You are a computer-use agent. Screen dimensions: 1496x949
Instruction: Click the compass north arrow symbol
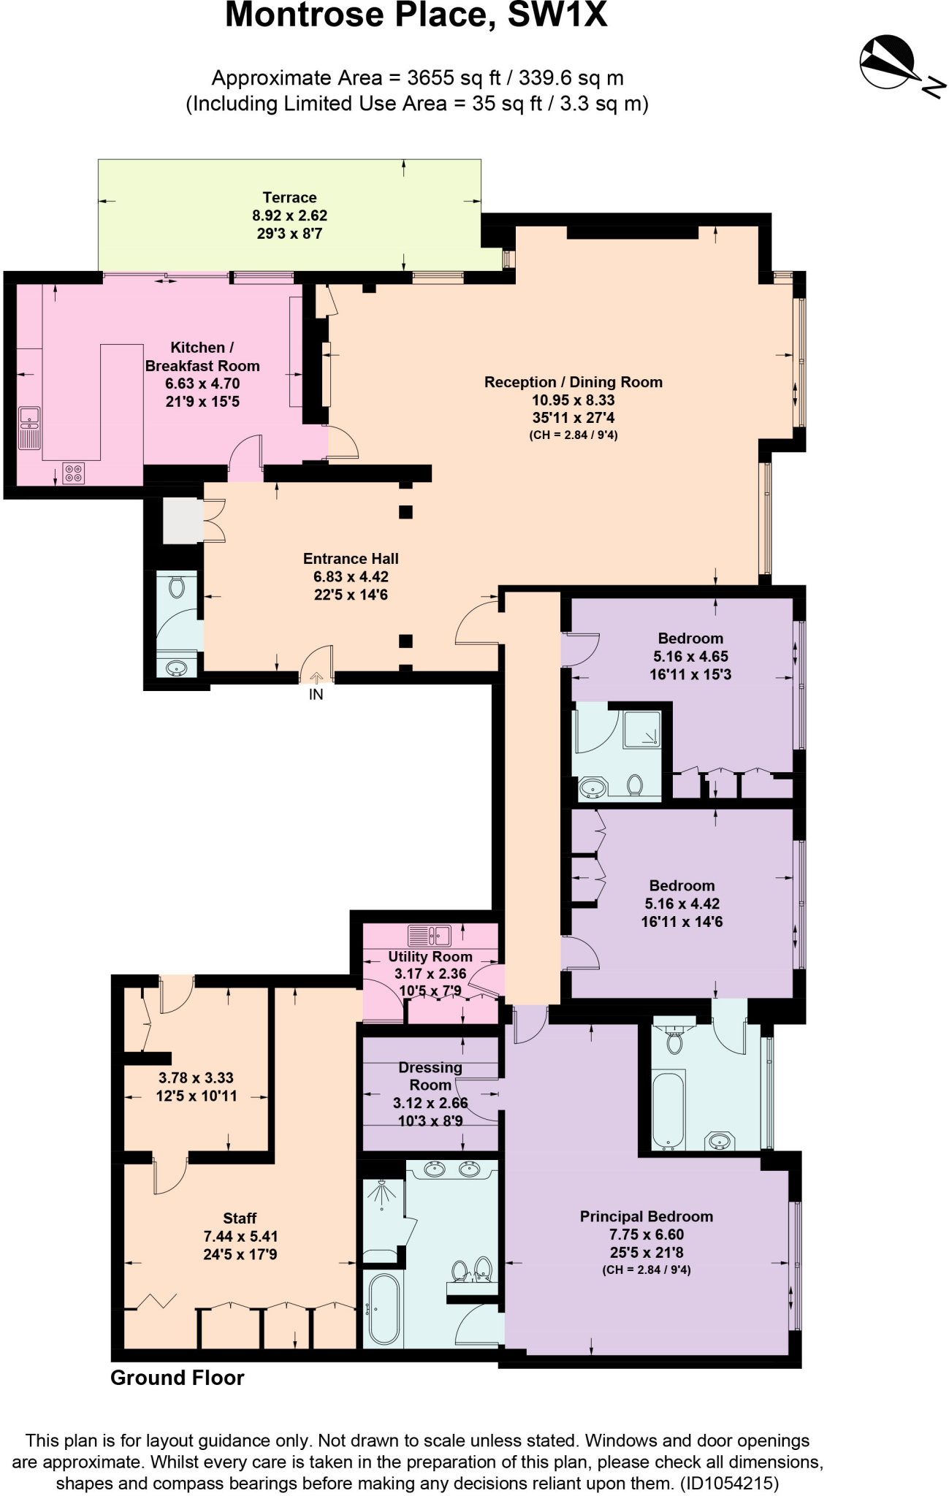click(888, 62)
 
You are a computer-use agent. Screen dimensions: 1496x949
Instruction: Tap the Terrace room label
click(289, 197)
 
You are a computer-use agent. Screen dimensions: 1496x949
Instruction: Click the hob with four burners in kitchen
click(73, 473)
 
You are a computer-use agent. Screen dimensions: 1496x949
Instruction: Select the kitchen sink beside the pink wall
click(29, 427)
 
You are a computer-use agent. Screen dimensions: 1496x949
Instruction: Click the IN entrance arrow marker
click(316, 679)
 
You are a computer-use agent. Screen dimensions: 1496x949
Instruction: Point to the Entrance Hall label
click(351, 559)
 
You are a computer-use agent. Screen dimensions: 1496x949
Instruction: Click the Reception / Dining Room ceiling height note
click(573, 435)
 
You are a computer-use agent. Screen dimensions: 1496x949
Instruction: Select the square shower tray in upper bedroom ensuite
click(642, 728)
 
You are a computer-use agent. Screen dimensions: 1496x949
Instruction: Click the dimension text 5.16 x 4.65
click(690, 656)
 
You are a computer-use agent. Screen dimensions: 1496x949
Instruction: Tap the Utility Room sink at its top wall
click(430, 935)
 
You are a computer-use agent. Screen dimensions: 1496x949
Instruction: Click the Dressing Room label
click(430, 1076)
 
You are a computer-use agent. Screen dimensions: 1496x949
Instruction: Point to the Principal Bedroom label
click(646, 1216)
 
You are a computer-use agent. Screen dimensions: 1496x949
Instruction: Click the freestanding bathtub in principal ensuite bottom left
click(384, 1309)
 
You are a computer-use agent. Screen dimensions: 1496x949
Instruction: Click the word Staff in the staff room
click(240, 1218)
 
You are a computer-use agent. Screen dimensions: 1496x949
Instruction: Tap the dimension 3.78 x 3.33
click(196, 1077)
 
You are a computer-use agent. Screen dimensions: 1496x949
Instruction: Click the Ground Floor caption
click(177, 1378)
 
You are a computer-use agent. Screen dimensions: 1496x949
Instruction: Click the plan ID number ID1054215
click(729, 1484)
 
